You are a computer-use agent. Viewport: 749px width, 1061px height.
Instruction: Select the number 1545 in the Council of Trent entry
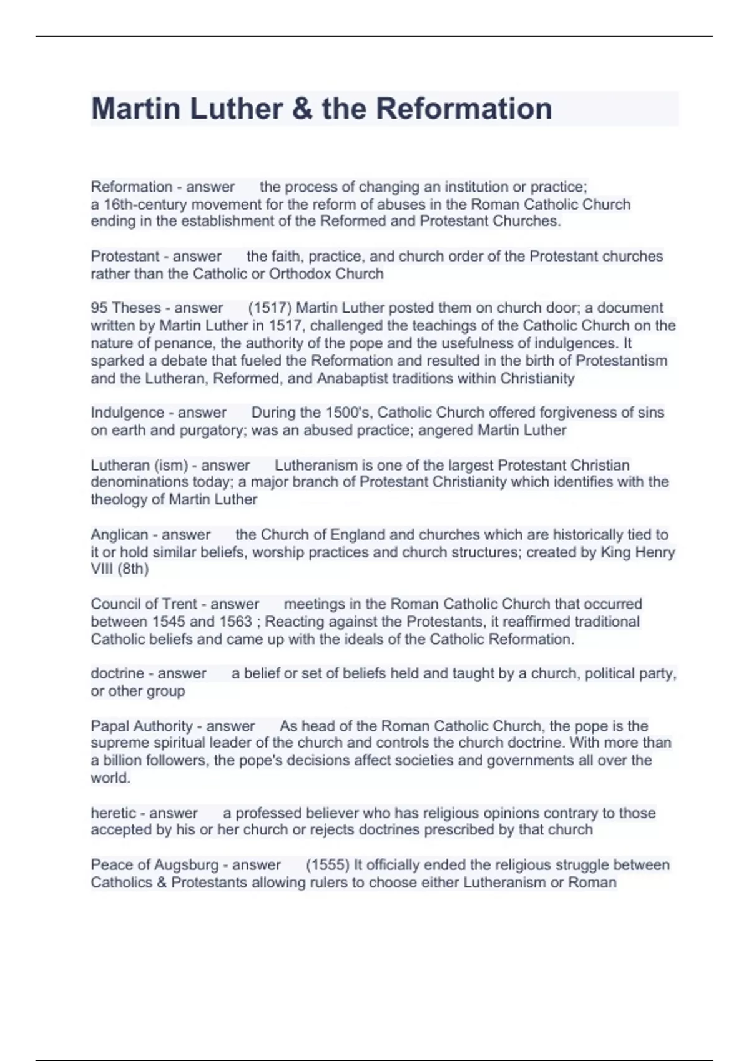click(x=169, y=622)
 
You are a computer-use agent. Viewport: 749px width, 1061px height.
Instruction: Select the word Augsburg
click(x=188, y=865)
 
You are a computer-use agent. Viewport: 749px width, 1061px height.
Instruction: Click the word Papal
click(x=110, y=726)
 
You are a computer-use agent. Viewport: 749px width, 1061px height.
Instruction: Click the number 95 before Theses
click(x=99, y=308)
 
